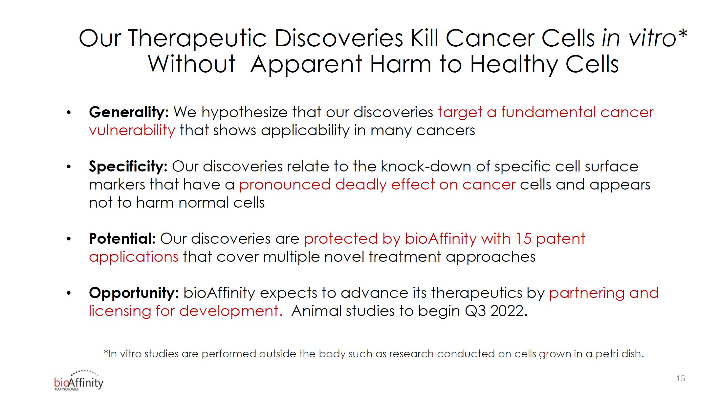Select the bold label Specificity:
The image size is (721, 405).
coord(128,167)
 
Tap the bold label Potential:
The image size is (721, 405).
coord(122,239)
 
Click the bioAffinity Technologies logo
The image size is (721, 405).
coord(79,381)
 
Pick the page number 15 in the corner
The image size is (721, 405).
coord(681,379)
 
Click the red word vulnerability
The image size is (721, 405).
coord(132,131)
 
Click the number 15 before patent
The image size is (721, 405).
coord(523,239)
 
